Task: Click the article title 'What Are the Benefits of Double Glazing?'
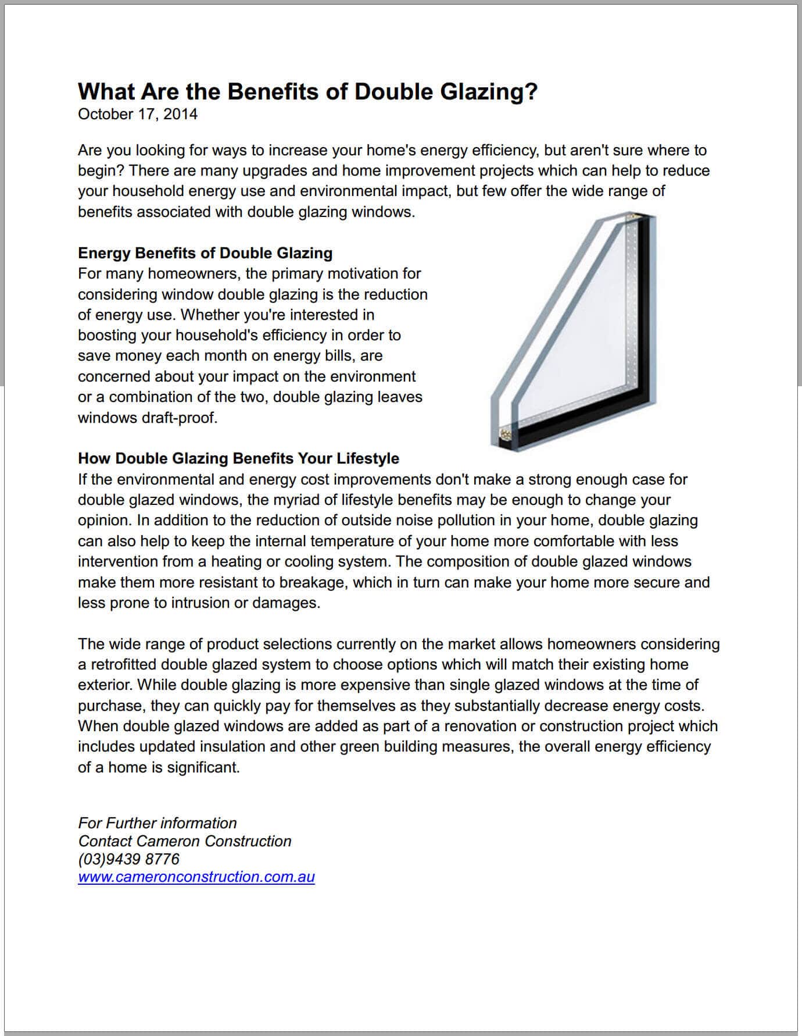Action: [307, 92]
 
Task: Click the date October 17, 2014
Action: [138, 114]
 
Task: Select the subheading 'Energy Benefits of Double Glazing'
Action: [205, 253]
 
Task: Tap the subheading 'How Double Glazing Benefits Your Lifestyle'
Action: [238, 458]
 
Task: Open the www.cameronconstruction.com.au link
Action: [196, 877]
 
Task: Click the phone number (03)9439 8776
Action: [128, 859]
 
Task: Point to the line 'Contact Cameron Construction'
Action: [185, 841]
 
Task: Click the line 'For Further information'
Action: [157, 823]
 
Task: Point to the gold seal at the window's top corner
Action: [639, 218]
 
